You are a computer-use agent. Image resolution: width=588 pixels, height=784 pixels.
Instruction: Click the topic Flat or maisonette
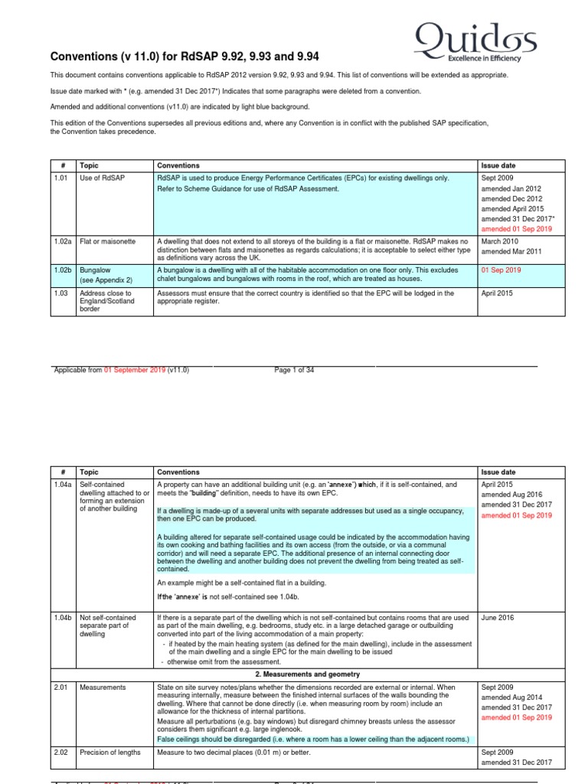[x=107, y=241]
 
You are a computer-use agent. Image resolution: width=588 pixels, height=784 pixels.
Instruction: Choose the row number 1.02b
[x=62, y=270]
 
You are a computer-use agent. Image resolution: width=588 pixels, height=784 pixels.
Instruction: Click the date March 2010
[x=501, y=241]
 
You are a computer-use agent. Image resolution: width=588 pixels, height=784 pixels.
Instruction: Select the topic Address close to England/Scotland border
[x=106, y=302]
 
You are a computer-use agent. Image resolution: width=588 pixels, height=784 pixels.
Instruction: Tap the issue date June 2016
[x=498, y=616]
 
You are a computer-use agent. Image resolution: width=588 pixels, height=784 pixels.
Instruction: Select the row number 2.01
[x=61, y=688]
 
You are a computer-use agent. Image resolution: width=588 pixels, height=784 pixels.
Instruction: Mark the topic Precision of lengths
[x=110, y=753]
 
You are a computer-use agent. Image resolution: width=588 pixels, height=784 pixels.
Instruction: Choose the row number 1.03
[x=60, y=293]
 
